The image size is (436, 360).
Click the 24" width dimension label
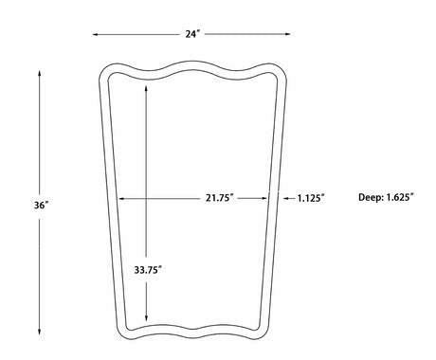click(192, 34)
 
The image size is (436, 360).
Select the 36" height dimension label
click(42, 206)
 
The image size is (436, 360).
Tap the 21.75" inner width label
click(220, 198)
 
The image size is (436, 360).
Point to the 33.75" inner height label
click(148, 270)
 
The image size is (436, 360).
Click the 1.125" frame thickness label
click(311, 198)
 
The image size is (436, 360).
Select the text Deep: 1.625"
click(386, 198)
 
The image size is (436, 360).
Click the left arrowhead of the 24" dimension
click(95, 34)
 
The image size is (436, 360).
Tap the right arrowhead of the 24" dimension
click(287, 34)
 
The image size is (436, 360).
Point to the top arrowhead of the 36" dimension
click(40, 74)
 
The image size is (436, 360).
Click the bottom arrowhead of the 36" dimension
click(40, 331)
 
